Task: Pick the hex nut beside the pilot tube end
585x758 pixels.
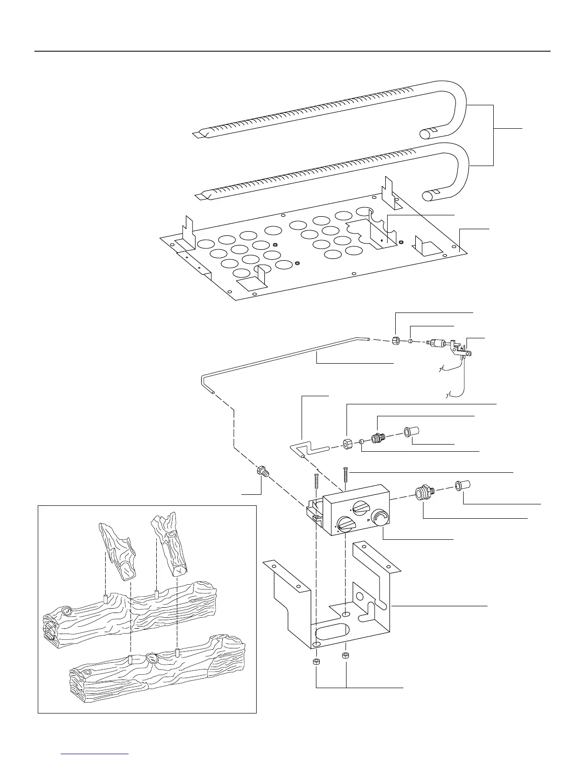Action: point(396,341)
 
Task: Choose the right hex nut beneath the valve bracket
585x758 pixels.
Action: point(346,655)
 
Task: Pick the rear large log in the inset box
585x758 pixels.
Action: point(129,613)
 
